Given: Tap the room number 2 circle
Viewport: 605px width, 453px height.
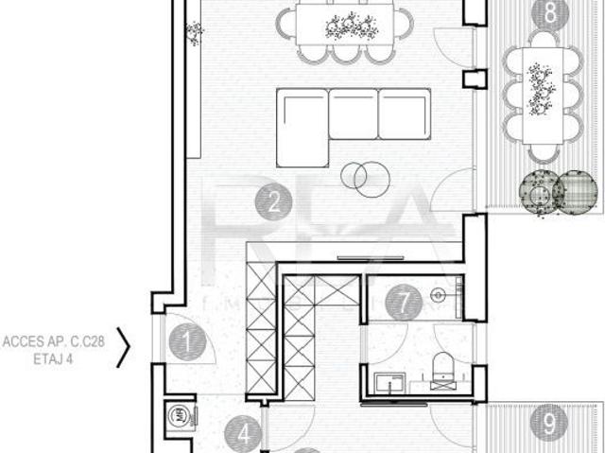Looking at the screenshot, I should [272, 201].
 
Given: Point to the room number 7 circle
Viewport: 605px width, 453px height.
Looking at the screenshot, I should [405, 304].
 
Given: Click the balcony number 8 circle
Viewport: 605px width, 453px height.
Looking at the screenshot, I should [545, 13].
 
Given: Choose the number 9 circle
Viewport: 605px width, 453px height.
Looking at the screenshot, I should [547, 423].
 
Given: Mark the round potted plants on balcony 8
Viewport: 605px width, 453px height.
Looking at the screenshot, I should [556, 192].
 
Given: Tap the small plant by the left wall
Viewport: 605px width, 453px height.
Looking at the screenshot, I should [194, 33].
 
